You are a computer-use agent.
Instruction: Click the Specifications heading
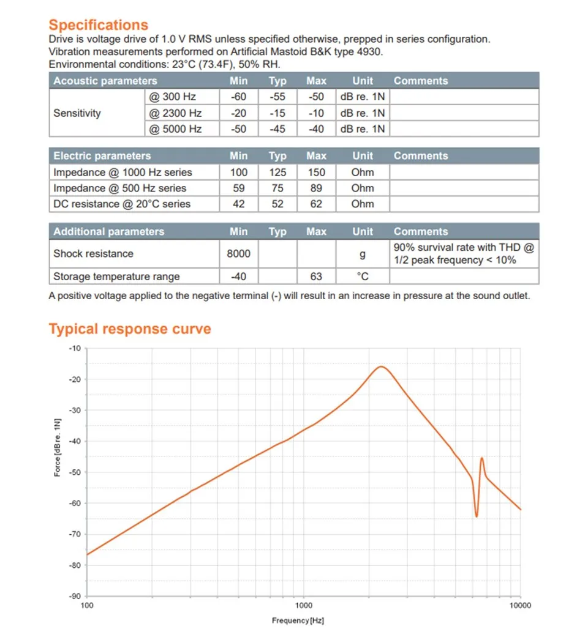click(99, 25)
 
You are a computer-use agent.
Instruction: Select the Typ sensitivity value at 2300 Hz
click(277, 113)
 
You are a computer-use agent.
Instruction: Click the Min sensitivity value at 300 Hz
click(239, 97)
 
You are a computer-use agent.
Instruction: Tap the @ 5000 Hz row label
click(175, 129)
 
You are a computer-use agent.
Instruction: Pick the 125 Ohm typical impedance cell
click(277, 173)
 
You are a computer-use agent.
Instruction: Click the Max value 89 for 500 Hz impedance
click(316, 188)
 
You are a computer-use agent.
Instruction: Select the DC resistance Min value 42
click(239, 204)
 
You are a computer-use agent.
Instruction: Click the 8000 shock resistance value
click(239, 254)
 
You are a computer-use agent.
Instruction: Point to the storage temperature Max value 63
click(316, 277)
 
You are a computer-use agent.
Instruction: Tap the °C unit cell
click(363, 277)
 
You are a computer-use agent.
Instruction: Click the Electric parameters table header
click(102, 156)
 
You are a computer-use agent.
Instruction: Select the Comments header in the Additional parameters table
click(421, 231)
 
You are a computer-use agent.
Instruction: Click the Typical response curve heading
click(130, 329)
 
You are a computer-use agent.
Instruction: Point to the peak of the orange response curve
click(381, 367)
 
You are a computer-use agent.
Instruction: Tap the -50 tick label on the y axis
click(75, 472)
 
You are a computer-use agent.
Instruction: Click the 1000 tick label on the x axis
click(304, 605)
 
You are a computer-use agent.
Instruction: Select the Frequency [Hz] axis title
click(298, 621)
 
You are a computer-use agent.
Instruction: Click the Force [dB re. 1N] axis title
click(58, 447)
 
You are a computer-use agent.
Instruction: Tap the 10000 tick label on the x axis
click(520, 605)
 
